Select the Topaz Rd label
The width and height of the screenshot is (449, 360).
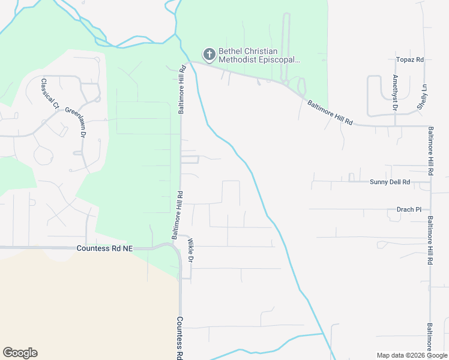point(410,60)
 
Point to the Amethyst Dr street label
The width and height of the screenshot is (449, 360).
point(395,93)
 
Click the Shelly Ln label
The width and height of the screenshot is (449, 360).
point(422,97)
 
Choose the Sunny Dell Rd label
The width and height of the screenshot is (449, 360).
point(390,181)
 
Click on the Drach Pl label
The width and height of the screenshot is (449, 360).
point(409,209)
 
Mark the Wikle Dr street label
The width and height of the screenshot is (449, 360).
point(191,251)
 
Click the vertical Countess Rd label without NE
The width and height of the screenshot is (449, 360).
point(179,338)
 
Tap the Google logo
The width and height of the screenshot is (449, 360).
point(20,353)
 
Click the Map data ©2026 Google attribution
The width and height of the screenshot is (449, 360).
point(411,355)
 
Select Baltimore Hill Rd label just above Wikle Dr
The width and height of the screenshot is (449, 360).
point(178,215)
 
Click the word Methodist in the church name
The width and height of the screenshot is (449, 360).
point(236,60)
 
